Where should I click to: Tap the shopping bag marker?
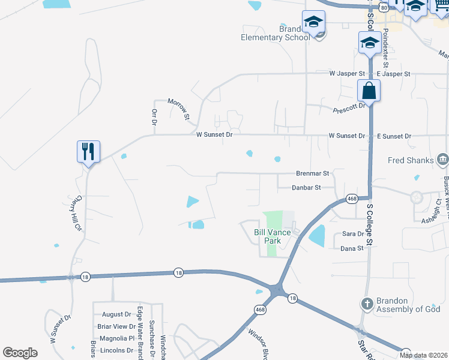369,91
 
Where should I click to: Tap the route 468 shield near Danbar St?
352,198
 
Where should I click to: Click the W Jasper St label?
347,74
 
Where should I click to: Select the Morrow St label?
178,108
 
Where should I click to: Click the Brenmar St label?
312,173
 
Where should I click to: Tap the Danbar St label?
306,188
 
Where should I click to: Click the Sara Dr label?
352,234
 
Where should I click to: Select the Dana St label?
352,248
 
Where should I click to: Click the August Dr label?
116,314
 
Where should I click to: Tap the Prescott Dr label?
349,108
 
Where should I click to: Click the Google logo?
20,353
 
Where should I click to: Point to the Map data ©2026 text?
423,355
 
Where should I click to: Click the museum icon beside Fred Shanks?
443,159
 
